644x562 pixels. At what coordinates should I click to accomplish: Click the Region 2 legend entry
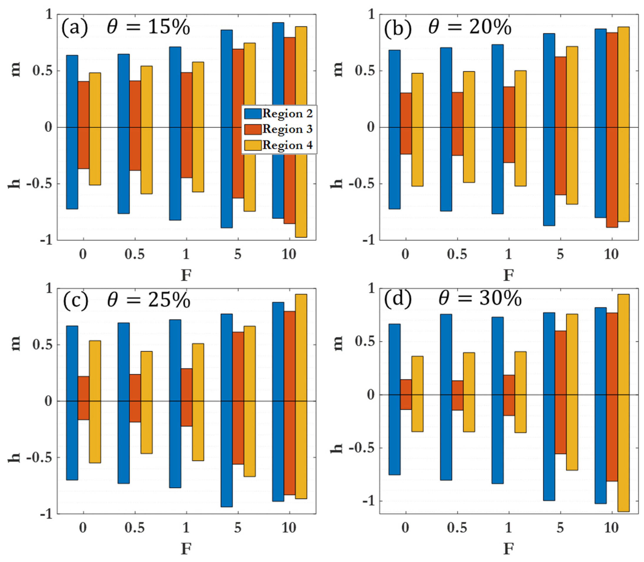279,113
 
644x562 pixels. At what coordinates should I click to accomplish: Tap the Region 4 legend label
287,145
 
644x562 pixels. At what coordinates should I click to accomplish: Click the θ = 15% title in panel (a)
148,27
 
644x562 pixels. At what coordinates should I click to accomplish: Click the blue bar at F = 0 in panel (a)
72,132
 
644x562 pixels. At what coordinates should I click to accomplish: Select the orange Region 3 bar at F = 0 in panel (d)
406,394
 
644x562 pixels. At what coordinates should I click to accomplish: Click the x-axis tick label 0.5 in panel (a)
135,254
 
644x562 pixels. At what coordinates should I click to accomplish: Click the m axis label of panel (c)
15,343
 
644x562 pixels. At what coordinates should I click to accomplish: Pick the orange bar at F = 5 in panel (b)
560,125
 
